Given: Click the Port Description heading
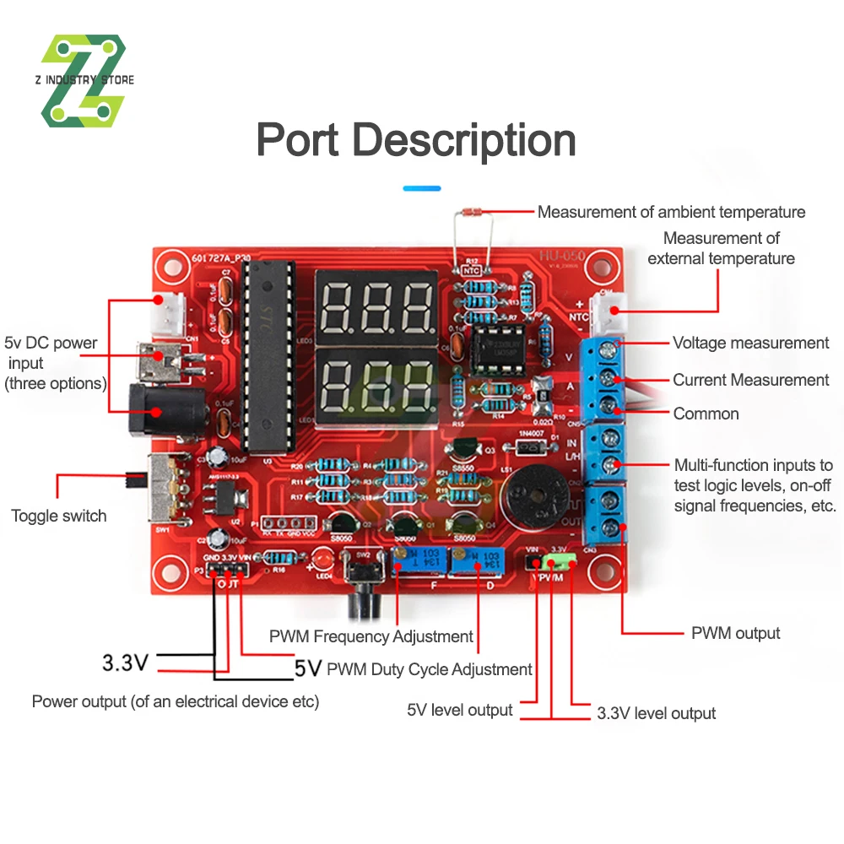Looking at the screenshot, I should point(416,140).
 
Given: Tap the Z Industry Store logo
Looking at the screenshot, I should point(84,81).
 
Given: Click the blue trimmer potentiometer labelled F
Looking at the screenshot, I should point(412,560).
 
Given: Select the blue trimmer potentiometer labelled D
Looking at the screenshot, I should point(471,560).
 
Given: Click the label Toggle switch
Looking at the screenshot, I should point(59,516).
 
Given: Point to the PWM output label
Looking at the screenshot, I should point(735,633).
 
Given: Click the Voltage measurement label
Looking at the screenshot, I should point(750,343).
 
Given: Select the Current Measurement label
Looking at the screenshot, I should point(750,380).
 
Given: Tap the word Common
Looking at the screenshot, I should point(706,414).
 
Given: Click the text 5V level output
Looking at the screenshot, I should point(459,710).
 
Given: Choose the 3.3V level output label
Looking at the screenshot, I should point(656,713).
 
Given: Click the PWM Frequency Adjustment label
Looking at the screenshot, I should point(371,636).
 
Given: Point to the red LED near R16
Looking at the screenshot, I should point(322,559).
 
